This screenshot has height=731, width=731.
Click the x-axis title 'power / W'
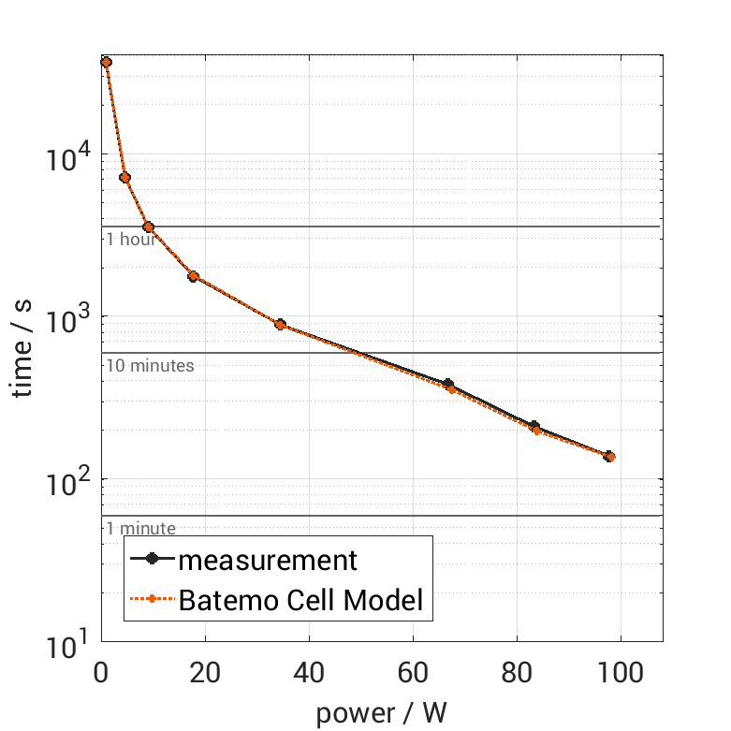(x=381, y=713)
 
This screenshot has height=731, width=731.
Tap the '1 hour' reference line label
(x=130, y=239)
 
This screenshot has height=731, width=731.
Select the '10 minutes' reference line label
(x=150, y=365)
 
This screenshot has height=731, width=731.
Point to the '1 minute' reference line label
(x=140, y=529)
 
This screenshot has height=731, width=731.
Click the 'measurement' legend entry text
(x=268, y=560)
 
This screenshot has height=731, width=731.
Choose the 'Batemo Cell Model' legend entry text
(x=300, y=601)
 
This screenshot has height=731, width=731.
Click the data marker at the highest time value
(x=106, y=62)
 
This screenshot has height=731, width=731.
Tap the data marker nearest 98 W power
(x=608, y=456)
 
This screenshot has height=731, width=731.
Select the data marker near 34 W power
(x=279, y=324)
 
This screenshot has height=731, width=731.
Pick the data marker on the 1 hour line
(x=148, y=227)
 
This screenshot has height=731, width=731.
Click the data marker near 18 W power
(x=193, y=276)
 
